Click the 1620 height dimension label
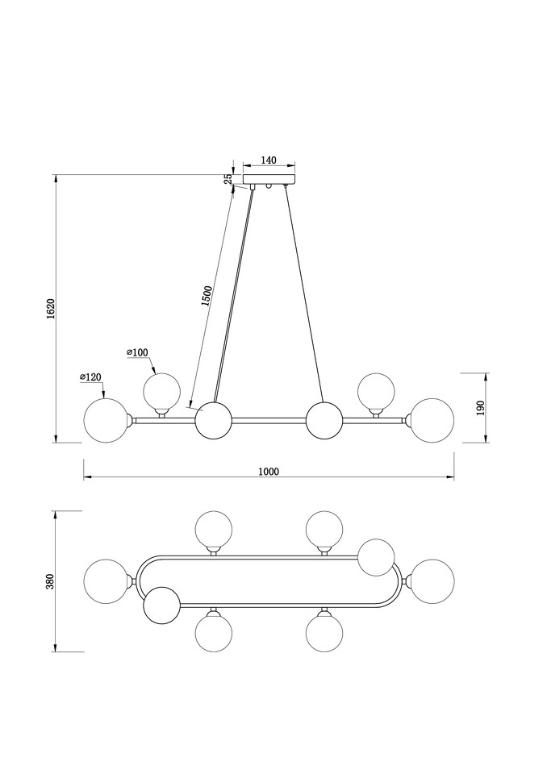pyautogui.click(x=50, y=309)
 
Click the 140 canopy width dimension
pyautogui.click(x=269, y=160)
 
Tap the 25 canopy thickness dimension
pyautogui.click(x=228, y=178)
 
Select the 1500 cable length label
pyautogui.click(x=207, y=296)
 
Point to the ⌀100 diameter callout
pyautogui.click(x=137, y=352)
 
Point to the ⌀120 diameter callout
pyautogui.click(x=90, y=377)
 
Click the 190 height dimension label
pyautogui.click(x=481, y=407)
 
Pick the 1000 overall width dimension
pyautogui.click(x=269, y=472)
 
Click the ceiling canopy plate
pyautogui.click(x=269, y=179)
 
